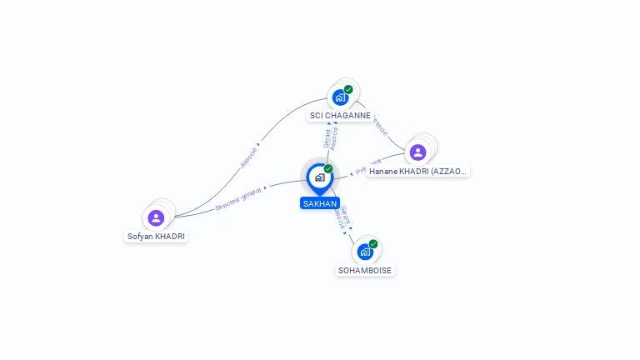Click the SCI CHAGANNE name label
(x=340, y=116)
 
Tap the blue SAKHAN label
(x=320, y=203)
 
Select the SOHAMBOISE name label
(x=365, y=270)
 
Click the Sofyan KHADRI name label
(x=157, y=236)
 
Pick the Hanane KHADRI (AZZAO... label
(x=418, y=171)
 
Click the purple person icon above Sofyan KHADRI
(x=156, y=217)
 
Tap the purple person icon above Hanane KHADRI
(x=417, y=152)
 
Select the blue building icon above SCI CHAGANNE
(x=340, y=97)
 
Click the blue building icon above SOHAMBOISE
(x=364, y=251)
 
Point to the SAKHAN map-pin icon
(x=319, y=177)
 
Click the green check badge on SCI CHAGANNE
(x=348, y=89)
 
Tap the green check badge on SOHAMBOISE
(x=373, y=244)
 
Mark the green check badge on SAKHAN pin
(x=328, y=169)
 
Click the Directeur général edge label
(x=238, y=198)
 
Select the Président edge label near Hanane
(x=368, y=167)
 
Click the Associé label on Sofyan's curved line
(x=248, y=157)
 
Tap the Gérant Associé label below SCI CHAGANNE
(x=331, y=138)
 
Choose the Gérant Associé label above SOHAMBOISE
(x=342, y=217)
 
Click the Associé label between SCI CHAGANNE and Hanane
(x=379, y=126)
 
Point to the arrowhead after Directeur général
(x=266, y=188)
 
